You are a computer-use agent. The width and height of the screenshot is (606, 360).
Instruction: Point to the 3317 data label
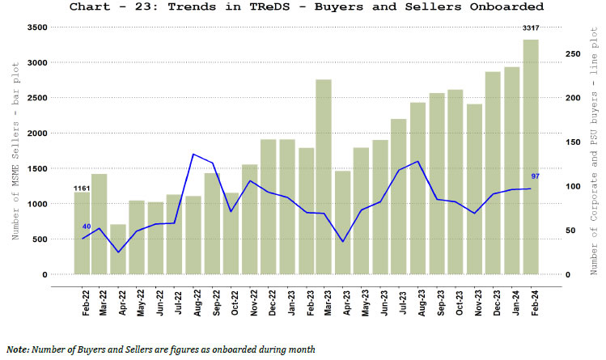(531, 29)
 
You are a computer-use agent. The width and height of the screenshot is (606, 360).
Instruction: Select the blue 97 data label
(536, 176)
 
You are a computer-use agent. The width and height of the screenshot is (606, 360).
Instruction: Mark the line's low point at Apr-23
(342, 242)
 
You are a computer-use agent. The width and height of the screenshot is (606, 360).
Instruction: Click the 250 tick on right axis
(572, 53)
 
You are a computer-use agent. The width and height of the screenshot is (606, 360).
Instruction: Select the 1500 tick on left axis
(36, 168)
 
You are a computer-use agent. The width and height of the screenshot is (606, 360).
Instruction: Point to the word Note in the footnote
(19, 349)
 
